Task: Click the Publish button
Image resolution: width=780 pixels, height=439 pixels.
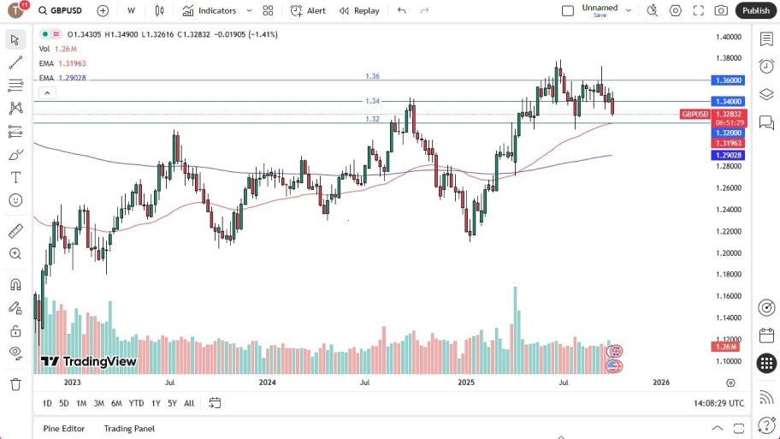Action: coord(756,10)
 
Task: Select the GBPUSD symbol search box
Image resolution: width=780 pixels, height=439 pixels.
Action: coord(61,10)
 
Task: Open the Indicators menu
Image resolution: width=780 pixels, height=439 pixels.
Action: coord(210,10)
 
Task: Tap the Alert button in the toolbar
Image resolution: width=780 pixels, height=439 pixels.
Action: coord(308,10)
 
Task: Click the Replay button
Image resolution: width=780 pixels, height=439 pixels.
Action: coord(359,10)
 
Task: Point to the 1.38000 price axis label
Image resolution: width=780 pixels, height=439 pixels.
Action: coord(730,58)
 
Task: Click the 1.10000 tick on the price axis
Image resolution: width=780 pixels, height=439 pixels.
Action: coord(730,360)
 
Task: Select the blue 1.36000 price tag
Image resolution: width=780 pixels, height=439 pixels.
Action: coord(730,80)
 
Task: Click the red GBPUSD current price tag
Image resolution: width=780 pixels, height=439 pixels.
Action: coord(694,114)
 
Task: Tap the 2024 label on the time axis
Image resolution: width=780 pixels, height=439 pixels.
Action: coord(268,383)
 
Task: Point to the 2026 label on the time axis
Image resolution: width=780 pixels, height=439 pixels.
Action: coord(661,383)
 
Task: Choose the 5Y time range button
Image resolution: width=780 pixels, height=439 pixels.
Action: coord(172,403)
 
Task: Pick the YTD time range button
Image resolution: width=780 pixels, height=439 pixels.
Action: coord(136,403)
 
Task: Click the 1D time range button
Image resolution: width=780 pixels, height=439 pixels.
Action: coord(47,403)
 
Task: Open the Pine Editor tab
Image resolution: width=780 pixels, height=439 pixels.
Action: coord(63,429)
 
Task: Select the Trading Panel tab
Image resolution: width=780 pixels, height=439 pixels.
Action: coord(129,429)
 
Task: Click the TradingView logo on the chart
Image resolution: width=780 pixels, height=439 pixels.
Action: coord(89,361)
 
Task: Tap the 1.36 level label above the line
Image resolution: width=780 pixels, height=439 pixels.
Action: coord(372,76)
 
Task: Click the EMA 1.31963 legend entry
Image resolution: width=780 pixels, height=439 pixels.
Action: coord(62,63)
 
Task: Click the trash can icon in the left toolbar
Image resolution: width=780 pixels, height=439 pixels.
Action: coord(15,384)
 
